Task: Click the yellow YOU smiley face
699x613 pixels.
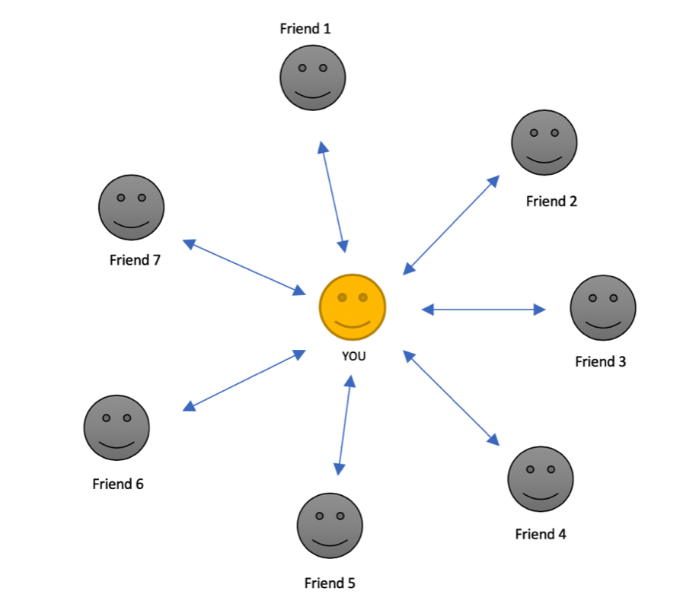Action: (x=353, y=307)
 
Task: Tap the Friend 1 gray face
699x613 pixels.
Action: (x=312, y=78)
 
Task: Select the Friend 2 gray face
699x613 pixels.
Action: (x=544, y=142)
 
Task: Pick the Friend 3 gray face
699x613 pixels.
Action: (x=603, y=307)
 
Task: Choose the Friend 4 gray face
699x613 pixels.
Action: (x=541, y=479)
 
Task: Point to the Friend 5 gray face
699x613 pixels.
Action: (x=330, y=526)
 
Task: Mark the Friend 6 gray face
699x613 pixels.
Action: (x=116, y=428)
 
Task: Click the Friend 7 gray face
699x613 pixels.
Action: (x=132, y=208)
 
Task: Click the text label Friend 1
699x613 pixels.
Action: (x=305, y=28)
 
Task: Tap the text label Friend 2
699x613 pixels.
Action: (x=551, y=202)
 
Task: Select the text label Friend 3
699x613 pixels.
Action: (x=601, y=361)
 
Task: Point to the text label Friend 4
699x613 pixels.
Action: (x=541, y=534)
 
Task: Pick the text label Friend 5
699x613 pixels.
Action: (x=330, y=583)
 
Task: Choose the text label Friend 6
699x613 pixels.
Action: (x=118, y=484)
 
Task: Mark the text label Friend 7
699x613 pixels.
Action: (x=135, y=260)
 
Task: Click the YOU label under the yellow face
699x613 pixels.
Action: (x=354, y=356)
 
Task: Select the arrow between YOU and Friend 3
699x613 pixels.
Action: (x=484, y=310)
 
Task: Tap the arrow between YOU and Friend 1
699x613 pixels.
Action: (x=333, y=197)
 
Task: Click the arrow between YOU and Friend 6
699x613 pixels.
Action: (x=244, y=380)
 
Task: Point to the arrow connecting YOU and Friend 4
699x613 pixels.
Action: (x=451, y=398)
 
